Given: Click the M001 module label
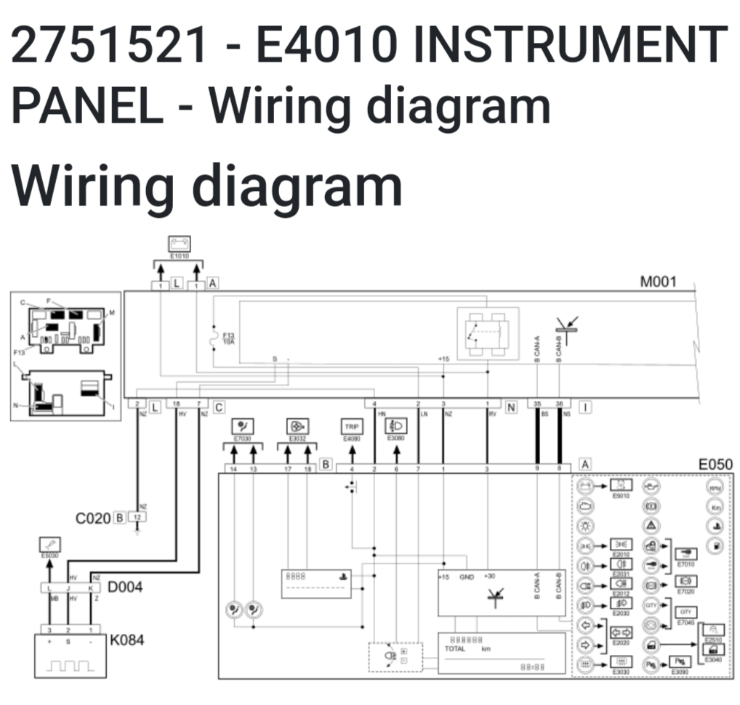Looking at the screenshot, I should pos(658,282).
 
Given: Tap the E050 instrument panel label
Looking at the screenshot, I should pos(715,464).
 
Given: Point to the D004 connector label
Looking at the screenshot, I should pos(125,586).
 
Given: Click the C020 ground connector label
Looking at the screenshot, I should pos(92,518).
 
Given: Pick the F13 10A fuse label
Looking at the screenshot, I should pos(228,337).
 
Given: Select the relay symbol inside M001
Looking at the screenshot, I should pos(486,332).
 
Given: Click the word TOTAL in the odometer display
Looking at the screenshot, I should pos(454,648).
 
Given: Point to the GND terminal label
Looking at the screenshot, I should pos(467,576).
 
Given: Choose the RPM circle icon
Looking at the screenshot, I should pos(715,488).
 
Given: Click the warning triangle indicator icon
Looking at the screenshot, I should pos(652,525).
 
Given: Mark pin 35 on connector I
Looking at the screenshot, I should pos(537,404).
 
